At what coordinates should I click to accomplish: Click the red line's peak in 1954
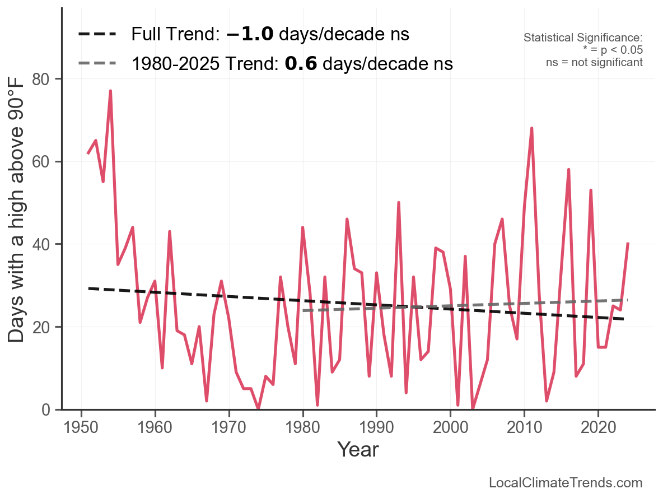110,91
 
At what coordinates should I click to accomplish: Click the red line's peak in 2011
531,128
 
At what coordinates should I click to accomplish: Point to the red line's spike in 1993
399,203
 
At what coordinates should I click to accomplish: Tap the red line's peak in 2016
568,170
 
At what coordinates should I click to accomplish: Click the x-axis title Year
358,449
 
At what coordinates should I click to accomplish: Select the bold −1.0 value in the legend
250,35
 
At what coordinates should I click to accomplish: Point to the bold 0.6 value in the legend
301,64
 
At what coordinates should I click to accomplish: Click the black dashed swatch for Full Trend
97,35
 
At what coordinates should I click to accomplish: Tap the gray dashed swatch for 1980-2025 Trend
97,63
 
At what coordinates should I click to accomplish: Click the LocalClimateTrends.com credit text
566,483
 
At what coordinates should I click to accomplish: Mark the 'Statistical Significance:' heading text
582,38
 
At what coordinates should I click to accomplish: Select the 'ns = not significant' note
594,62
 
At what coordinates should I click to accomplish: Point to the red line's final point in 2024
628,244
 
